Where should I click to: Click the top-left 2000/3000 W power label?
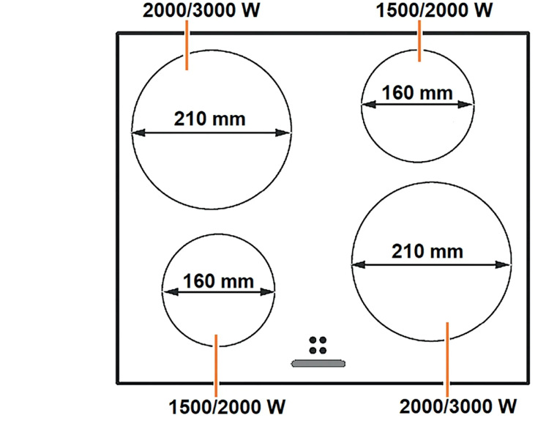click(x=201, y=10)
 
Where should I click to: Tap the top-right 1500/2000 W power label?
click(x=435, y=10)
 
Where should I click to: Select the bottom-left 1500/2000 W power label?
click(x=227, y=407)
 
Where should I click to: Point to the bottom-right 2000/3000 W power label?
click(x=458, y=406)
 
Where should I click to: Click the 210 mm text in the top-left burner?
click(x=209, y=119)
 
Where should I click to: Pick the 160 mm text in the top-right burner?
click(x=417, y=93)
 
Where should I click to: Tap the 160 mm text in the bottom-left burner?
click(x=218, y=281)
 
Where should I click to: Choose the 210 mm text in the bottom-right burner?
click(x=427, y=251)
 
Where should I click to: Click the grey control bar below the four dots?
click(x=318, y=363)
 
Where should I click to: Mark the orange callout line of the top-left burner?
click(x=187, y=45)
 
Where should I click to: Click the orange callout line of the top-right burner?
click(x=419, y=41)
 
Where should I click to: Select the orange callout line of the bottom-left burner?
click(x=216, y=365)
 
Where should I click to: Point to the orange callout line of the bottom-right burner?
click(x=447, y=359)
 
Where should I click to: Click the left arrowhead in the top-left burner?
click(x=138, y=133)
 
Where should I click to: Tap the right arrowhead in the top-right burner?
click(x=466, y=105)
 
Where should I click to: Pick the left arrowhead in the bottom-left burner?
click(x=171, y=292)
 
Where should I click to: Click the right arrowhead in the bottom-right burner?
click(x=503, y=264)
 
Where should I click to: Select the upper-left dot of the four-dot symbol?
click(x=313, y=340)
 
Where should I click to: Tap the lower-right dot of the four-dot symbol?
click(x=323, y=350)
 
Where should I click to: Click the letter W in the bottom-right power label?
click(x=506, y=406)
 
